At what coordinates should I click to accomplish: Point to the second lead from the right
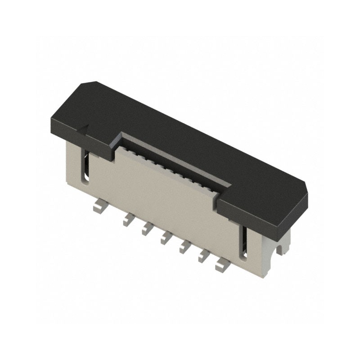point(204,255)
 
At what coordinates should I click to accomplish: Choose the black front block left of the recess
point(97,144)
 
